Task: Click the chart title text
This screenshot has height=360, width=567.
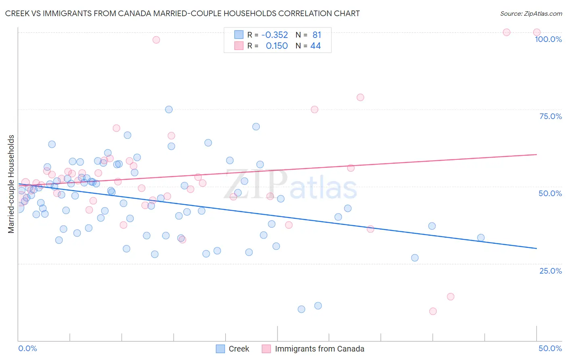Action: pyautogui.click(x=182, y=13)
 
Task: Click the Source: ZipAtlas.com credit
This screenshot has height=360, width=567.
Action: pyautogui.click(x=531, y=13)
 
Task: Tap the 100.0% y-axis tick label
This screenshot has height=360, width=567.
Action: pyautogui.click(x=548, y=39)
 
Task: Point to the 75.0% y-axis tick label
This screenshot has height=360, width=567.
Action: pyautogui.click(x=550, y=116)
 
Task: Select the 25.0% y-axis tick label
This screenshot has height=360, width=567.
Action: pyautogui.click(x=550, y=270)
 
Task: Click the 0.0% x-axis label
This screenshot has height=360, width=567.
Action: pyautogui.click(x=27, y=348)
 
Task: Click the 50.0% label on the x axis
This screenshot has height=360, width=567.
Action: pyautogui.click(x=550, y=348)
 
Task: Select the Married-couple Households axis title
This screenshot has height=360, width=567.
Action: pyautogui.click(x=11, y=184)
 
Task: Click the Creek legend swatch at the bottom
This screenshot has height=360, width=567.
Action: pyautogui.click(x=220, y=349)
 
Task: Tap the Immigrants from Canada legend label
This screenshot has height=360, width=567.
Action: pyautogui.click(x=319, y=349)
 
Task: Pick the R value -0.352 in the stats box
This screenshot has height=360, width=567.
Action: pyautogui.click(x=275, y=35)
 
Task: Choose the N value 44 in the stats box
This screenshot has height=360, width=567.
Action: pyautogui.click(x=315, y=46)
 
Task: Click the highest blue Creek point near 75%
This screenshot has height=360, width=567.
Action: pyautogui.click(x=169, y=109)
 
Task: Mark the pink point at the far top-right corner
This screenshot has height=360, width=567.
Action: pyautogui.click(x=537, y=32)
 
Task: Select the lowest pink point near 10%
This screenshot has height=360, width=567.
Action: pyautogui.click(x=433, y=311)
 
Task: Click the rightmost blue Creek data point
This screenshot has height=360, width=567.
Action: pyautogui.click(x=481, y=238)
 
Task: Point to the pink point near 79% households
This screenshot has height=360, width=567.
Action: pyautogui.click(x=361, y=97)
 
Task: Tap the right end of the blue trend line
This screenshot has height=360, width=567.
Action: pyautogui.click(x=536, y=248)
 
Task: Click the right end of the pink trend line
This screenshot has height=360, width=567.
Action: pyautogui.click(x=536, y=154)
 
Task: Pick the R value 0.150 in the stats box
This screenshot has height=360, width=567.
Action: pyautogui.click(x=277, y=46)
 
